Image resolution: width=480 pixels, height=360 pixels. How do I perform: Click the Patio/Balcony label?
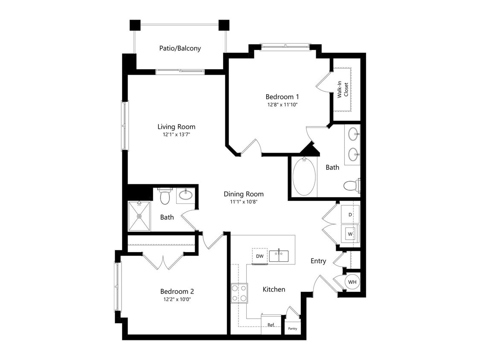coord(180,48)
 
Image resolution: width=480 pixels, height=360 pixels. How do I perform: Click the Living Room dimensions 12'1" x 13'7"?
coord(176,134)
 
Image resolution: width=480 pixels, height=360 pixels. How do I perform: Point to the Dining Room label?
coord(244,194)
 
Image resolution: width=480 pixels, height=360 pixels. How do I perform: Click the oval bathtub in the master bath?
coord(304,177)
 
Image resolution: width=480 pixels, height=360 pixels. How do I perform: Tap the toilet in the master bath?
coord(351,186)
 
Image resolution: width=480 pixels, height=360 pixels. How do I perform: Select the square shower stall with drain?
coord(140,216)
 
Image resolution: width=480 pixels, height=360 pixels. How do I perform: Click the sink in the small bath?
coord(186,195)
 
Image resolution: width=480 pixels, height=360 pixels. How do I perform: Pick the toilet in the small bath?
coord(165,196)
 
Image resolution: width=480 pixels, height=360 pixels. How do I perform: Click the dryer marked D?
coord(350,215)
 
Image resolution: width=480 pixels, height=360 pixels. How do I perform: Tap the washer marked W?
coord(350,234)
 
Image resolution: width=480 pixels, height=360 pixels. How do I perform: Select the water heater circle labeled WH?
coord(352,282)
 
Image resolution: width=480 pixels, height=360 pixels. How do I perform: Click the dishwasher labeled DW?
coord(259,256)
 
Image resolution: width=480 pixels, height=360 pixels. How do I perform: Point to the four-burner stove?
coord(239,293)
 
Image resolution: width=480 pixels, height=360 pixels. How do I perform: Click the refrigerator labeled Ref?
coord(271,325)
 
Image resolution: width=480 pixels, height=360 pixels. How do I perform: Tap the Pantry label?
coord(293,328)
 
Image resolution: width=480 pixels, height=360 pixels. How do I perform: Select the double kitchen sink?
coord(279,256)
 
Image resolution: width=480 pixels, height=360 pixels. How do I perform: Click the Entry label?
coord(318,261)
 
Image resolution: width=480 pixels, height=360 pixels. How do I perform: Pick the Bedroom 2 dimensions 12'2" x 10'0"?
coord(177,299)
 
